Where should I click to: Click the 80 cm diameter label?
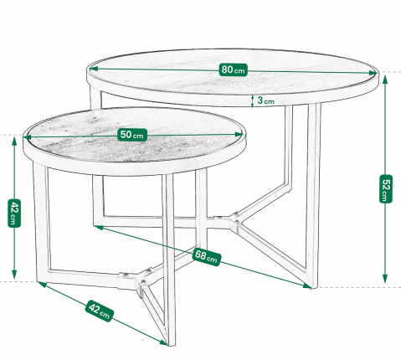coord(233,69)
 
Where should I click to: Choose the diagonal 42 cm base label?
coord(98,311)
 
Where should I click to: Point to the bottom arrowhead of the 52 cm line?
coord(384,283)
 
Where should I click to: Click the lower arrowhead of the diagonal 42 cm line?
coord(164,342)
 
